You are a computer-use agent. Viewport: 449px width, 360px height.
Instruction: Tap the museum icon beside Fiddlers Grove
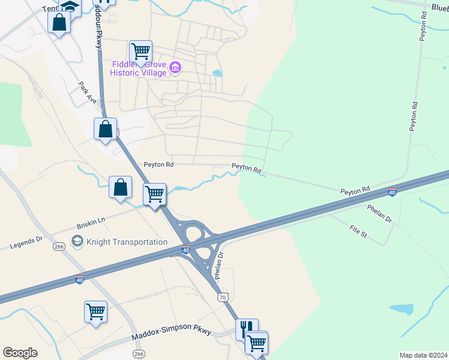tap(175, 67)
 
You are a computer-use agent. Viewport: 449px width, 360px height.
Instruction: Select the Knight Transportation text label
tap(127, 242)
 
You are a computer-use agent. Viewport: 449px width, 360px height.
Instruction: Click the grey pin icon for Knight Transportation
tap(77, 241)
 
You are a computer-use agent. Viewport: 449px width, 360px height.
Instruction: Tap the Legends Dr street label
tap(26, 242)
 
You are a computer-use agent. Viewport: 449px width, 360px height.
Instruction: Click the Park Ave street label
tap(88, 91)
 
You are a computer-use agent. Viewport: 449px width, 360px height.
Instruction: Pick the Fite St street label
tap(357, 230)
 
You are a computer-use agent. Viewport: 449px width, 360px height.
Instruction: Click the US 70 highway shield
tap(223, 297)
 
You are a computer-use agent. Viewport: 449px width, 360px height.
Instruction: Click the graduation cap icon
tap(71, 7)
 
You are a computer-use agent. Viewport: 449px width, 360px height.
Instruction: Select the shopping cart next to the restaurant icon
tap(257, 342)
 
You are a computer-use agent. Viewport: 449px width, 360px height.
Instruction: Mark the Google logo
tap(20, 353)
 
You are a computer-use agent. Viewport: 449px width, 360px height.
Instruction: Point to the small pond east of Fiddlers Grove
tap(217, 73)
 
